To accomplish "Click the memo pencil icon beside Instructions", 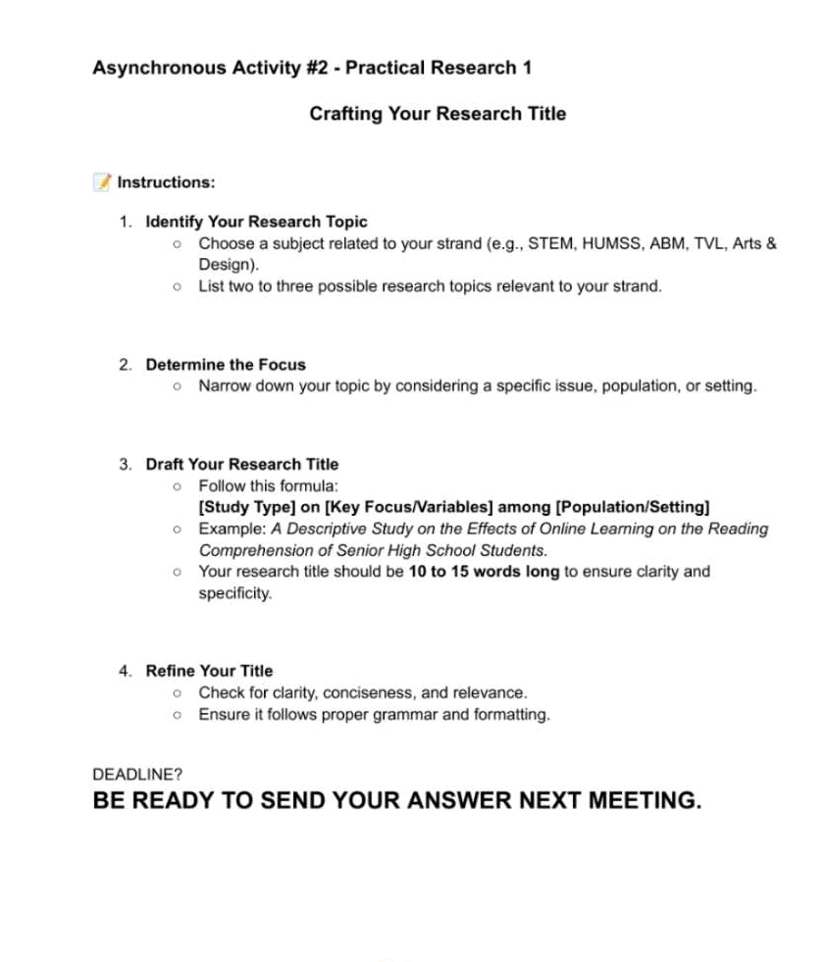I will (x=102, y=181).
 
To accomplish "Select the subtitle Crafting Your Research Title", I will (x=438, y=114).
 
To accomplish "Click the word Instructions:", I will (x=166, y=182).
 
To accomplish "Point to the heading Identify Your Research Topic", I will (x=256, y=222).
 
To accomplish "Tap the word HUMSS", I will (x=614, y=243).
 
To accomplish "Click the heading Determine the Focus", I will (x=226, y=365).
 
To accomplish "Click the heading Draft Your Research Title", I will (x=241, y=464).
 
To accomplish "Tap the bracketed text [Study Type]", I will (x=245, y=507).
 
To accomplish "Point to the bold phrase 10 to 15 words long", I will (x=484, y=572).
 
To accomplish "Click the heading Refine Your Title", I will (x=209, y=671).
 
